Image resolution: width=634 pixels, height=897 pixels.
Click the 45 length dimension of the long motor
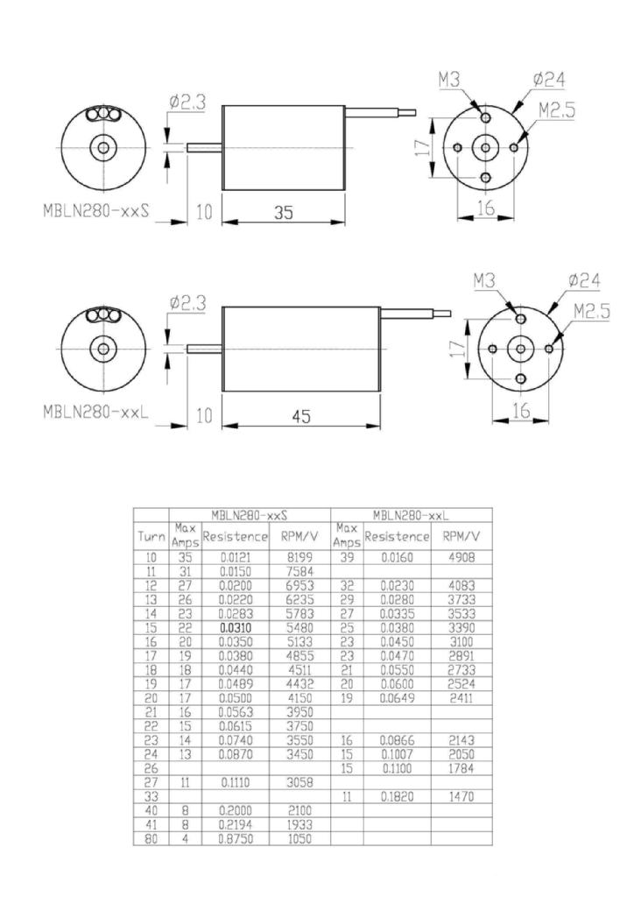click(x=301, y=418)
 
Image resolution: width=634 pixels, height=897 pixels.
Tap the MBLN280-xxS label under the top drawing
click(x=99, y=212)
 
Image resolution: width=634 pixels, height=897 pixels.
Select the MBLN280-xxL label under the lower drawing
click(x=98, y=413)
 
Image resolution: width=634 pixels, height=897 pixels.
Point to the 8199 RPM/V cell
click(x=299, y=557)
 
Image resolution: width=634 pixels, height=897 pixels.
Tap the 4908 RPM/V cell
click(x=461, y=557)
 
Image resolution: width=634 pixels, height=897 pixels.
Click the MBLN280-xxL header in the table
click(x=411, y=514)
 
